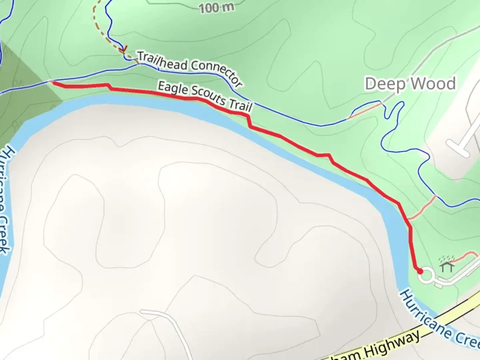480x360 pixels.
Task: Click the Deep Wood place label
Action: click(x=410, y=84)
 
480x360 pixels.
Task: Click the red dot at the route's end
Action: click(x=420, y=271)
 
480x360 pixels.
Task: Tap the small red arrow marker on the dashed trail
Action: click(x=123, y=50)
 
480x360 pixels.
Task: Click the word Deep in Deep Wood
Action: click(x=382, y=84)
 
